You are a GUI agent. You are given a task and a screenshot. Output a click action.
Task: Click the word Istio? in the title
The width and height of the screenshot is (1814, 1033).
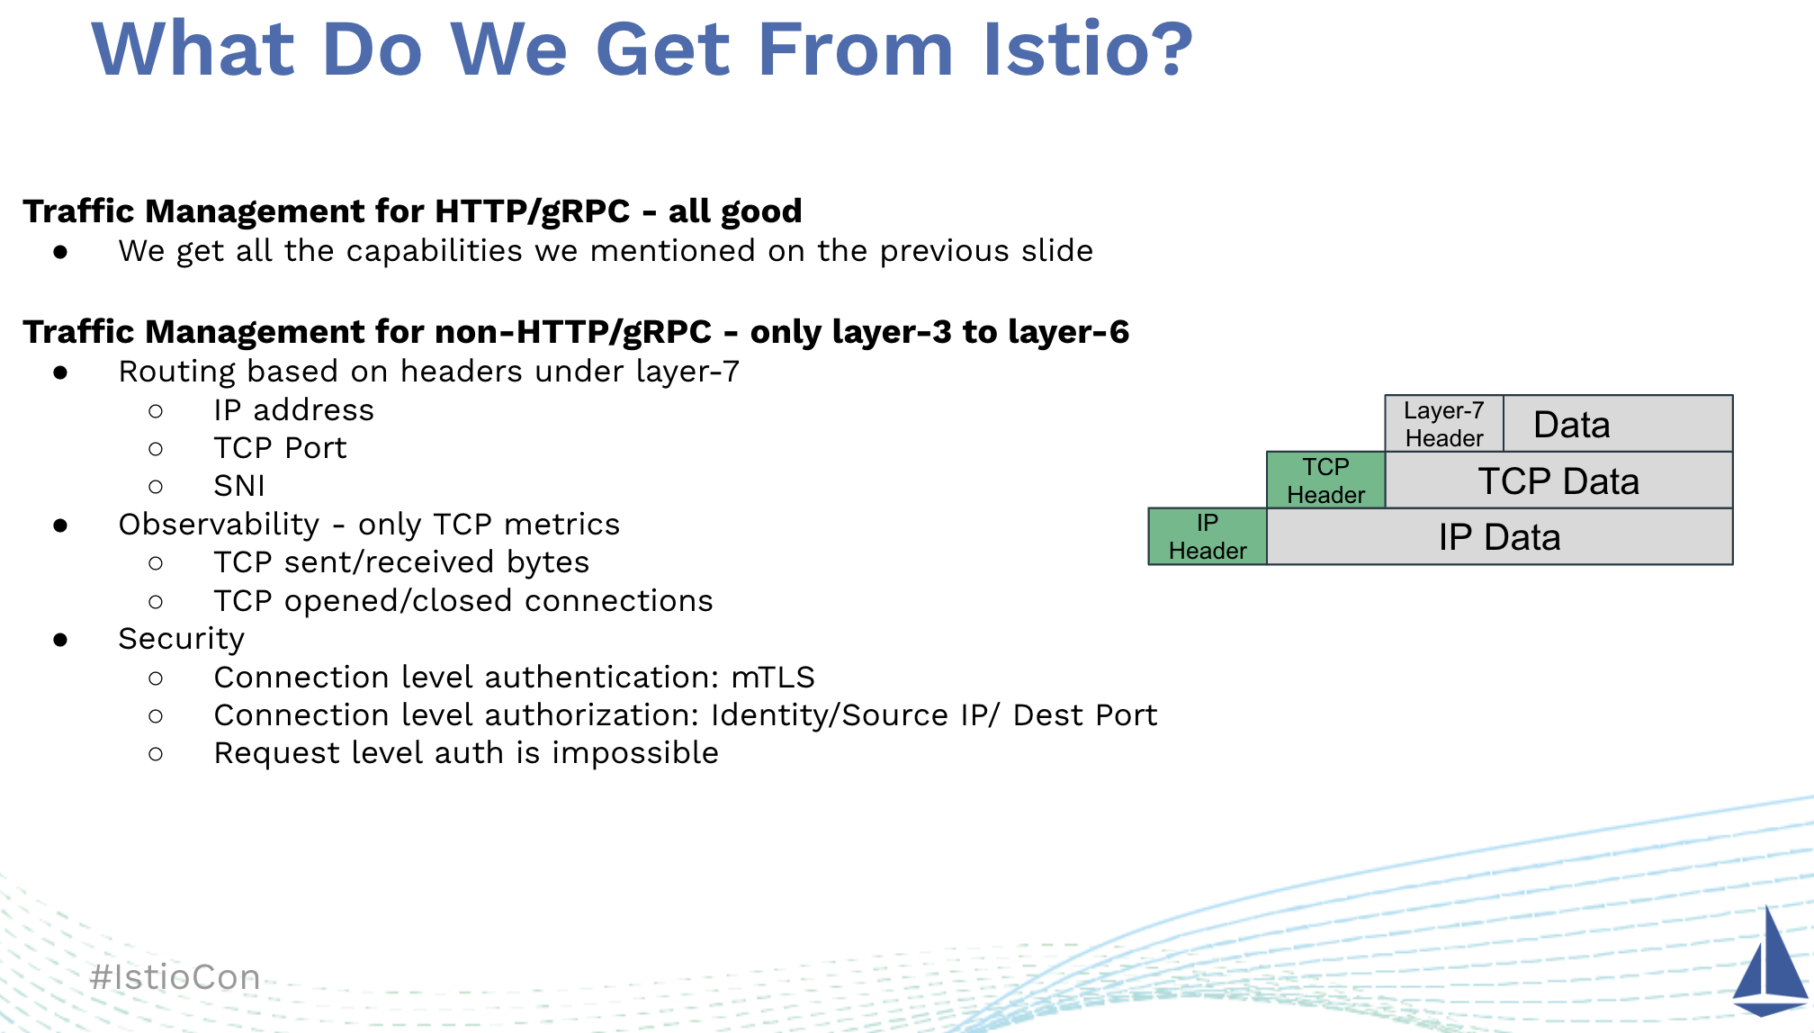point(1087,49)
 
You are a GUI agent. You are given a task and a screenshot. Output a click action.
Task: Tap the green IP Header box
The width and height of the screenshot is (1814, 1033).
point(1208,536)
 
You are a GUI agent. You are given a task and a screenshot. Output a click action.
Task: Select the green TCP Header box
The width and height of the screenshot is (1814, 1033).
point(1325,481)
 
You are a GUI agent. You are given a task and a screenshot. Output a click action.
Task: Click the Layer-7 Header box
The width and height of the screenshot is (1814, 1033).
point(1444,424)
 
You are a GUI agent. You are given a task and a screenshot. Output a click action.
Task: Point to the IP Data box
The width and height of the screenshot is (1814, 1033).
point(1499,536)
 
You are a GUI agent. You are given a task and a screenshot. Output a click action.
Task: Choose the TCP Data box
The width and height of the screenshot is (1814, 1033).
point(1558,481)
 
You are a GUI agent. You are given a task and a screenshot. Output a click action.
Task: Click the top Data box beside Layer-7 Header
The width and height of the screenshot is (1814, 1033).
point(1618,424)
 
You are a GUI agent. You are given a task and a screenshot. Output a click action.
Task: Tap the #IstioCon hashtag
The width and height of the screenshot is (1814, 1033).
point(175,977)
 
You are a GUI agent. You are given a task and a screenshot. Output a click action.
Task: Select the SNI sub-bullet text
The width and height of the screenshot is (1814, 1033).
point(239,486)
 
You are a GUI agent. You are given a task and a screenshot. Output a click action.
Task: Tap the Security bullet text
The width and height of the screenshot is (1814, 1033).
point(182,640)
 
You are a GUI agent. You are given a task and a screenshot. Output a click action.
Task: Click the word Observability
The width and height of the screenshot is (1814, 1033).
point(219,525)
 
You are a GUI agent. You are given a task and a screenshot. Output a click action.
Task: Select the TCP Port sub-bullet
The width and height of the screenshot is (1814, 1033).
point(280,448)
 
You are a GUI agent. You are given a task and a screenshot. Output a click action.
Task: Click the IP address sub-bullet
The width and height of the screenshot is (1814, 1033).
point(293,410)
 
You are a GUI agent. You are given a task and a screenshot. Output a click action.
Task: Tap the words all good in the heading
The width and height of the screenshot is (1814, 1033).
point(735,211)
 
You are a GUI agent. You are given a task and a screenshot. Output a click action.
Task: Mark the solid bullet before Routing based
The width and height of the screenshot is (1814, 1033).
point(60,373)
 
